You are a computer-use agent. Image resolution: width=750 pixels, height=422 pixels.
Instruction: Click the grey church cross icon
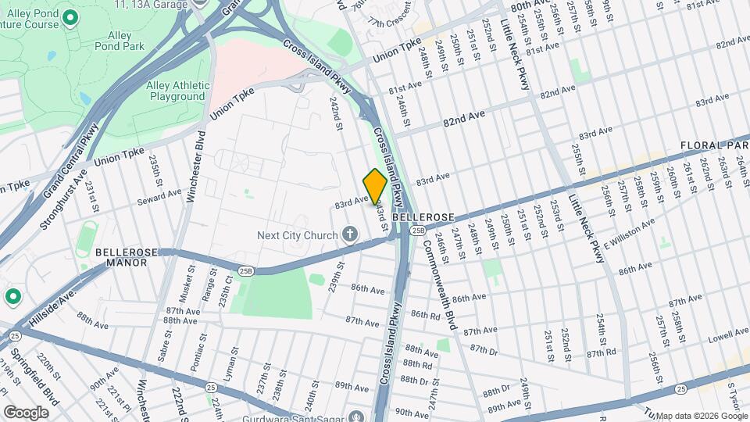point(349,234)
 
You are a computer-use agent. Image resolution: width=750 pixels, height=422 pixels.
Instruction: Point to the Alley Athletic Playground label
point(178,91)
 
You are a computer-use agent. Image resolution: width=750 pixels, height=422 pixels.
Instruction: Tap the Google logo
point(26,412)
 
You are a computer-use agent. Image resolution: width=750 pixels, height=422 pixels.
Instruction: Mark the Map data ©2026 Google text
point(700,416)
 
